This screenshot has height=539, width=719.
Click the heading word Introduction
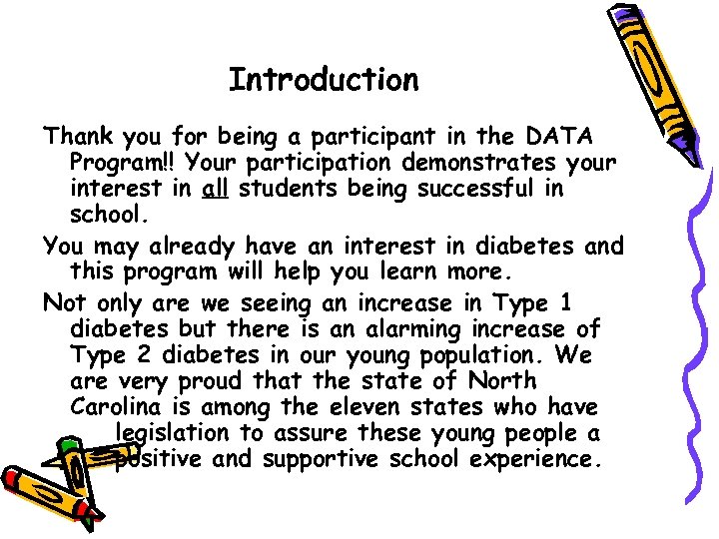coord(324,80)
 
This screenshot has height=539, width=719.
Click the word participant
coord(354,134)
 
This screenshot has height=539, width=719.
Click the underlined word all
coord(216,188)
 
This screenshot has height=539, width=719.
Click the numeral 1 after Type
coord(566,300)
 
